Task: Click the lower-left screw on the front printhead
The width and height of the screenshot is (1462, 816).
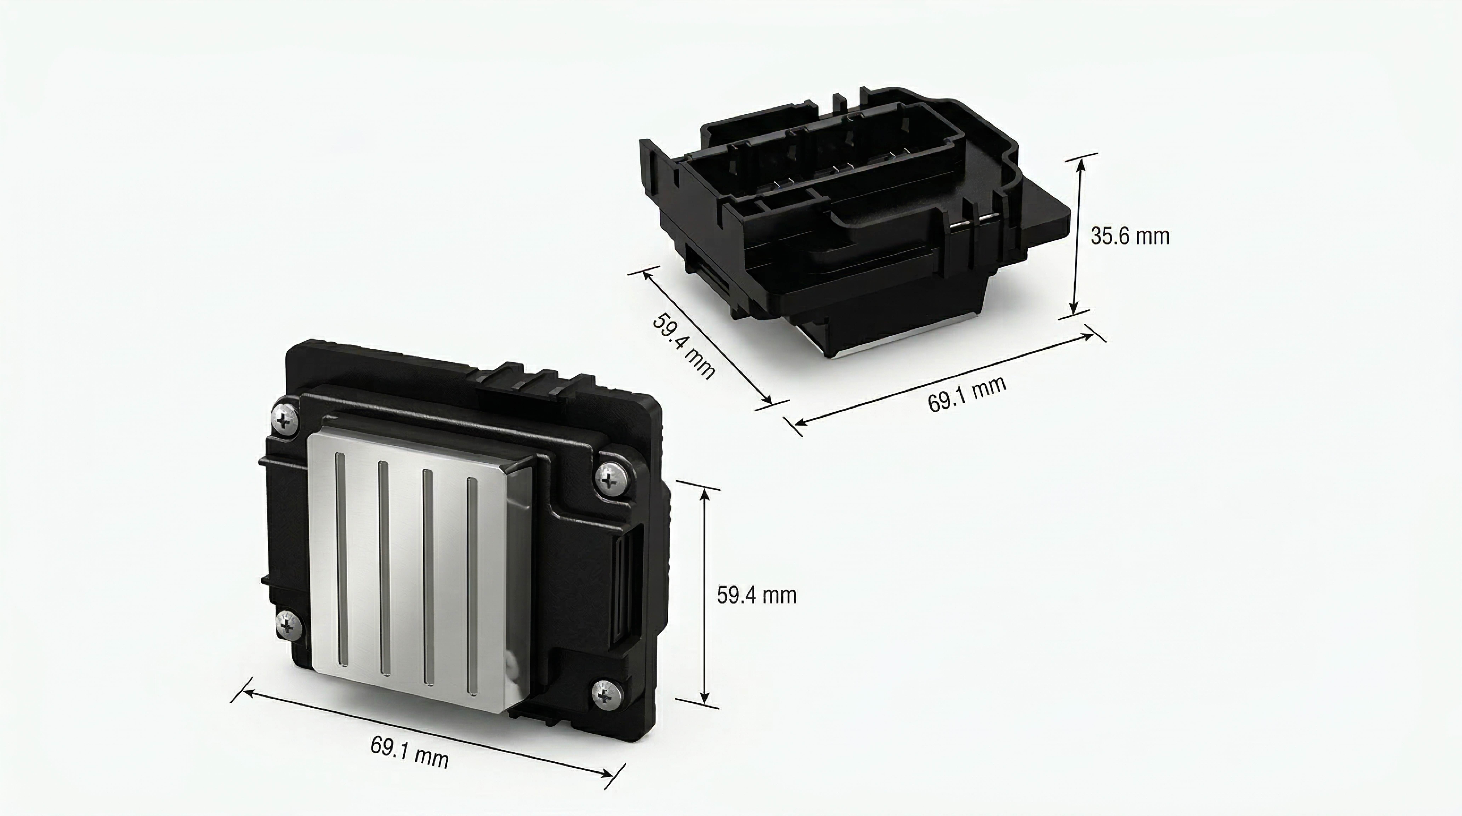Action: click(x=288, y=625)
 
